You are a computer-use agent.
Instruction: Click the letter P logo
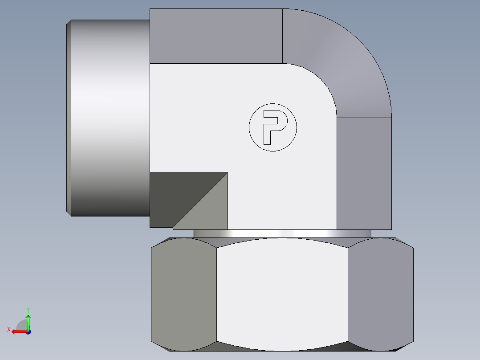(273, 127)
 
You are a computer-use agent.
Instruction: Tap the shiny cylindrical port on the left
(109, 118)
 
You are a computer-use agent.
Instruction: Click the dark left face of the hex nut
(183, 294)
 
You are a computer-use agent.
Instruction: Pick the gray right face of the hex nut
(380, 294)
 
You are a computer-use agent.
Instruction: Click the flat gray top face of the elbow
(216, 36)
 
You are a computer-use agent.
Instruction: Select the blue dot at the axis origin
(28, 331)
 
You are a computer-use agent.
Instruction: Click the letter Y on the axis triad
(28, 309)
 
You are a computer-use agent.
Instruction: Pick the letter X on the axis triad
(9, 329)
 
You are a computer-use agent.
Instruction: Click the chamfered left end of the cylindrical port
(69, 118)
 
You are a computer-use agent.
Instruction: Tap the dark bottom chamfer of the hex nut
(282, 347)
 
